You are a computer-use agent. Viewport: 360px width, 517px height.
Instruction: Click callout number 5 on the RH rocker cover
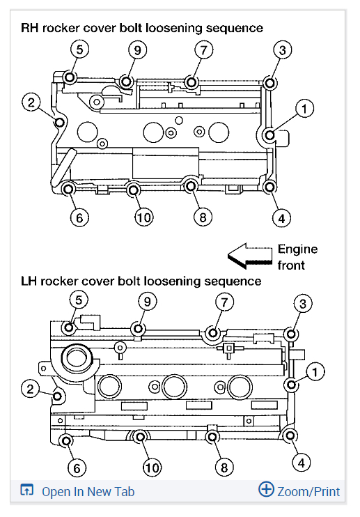[79, 50]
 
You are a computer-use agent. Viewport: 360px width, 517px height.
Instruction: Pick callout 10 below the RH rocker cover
[143, 217]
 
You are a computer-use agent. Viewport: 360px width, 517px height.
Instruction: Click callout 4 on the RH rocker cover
[281, 217]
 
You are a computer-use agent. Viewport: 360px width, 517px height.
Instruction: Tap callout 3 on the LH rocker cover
[302, 302]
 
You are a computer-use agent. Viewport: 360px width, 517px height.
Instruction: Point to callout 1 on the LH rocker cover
[315, 373]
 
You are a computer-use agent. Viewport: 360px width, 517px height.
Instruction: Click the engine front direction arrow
[249, 256]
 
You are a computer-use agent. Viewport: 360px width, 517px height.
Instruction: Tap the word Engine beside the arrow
[297, 249]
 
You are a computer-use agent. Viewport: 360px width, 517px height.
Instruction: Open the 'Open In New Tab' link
[88, 491]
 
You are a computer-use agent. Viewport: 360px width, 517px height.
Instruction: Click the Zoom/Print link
[308, 491]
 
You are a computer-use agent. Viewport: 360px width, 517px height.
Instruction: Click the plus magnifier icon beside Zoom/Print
[266, 490]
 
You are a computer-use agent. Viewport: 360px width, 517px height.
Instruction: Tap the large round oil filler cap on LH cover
[76, 359]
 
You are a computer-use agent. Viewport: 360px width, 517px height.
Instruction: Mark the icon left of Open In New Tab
[26, 491]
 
